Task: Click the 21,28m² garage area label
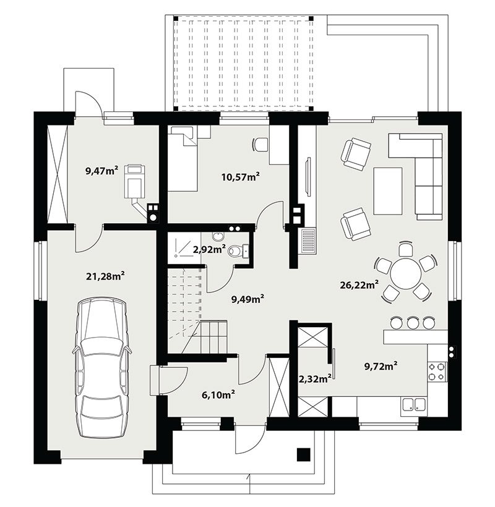tap(105, 276)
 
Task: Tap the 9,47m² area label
tap(101, 171)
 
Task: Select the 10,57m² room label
tap(240, 177)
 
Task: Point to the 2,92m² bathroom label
tap(209, 250)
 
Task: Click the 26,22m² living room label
tap(359, 285)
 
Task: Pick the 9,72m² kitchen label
tap(381, 367)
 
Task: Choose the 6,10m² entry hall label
tap(218, 395)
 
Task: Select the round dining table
tap(405, 273)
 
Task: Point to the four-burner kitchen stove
tap(436, 371)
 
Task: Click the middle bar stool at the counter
tap(413, 322)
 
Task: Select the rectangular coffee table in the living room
tap(388, 191)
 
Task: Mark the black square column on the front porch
tap(304, 454)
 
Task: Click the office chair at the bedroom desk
tap(260, 144)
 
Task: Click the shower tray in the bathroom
tap(184, 244)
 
